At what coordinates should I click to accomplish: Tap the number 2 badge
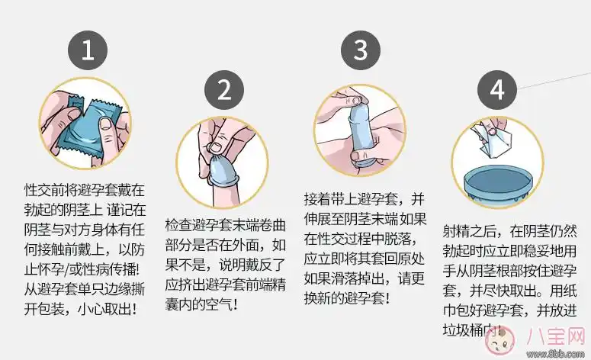click(x=224, y=89)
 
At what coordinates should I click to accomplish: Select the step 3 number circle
click(x=360, y=50)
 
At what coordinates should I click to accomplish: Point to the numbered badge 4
click(x=496, y=89)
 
